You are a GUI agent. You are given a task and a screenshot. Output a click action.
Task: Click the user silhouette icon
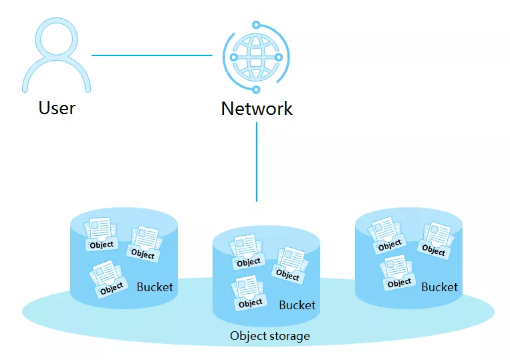coord(56,57)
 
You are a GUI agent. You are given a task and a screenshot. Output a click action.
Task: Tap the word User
coord(57,108)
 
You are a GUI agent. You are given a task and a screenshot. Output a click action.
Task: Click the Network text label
coord(257,108)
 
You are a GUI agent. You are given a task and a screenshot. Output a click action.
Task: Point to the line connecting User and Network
coord(152,55)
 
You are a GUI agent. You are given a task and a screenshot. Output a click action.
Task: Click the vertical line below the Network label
coord(257,160)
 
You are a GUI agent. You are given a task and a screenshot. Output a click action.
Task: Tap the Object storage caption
coord(269,335)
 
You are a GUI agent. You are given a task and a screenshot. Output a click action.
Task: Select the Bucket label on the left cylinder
coord(154,287)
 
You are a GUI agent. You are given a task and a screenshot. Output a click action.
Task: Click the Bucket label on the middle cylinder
coord(297,305)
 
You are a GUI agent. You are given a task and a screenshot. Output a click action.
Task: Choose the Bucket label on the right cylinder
coord(439,287)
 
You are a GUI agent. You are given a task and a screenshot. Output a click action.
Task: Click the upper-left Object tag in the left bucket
coord(102,244)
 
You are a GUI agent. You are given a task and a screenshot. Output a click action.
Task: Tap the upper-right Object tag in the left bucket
coord(142,254)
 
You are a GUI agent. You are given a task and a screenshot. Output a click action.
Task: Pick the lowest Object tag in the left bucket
coord(112,287)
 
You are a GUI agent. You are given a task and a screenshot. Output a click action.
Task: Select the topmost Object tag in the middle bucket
coord(249,262)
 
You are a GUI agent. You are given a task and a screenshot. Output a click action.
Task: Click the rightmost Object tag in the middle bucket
coord(288,275)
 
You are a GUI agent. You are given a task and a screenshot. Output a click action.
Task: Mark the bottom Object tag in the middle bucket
coord(250,303)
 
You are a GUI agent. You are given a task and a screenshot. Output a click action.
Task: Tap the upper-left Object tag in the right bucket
coord(390,245)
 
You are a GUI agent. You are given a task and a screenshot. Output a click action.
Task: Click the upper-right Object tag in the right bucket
coord(433,251)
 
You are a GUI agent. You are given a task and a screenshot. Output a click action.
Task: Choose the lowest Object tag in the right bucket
coord(399,283)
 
